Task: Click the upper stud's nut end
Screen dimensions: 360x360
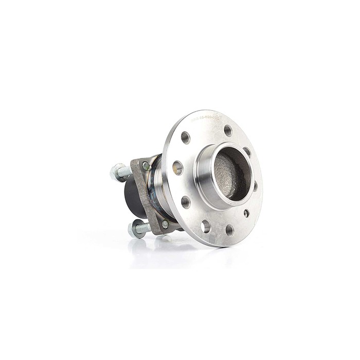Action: point(115,171)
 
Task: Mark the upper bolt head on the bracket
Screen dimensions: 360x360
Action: point(146,166)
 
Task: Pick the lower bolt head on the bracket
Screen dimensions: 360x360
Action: point(165,224)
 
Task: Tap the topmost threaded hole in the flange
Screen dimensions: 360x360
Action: point(228,131)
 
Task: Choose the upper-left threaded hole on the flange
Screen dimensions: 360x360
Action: point(186,137)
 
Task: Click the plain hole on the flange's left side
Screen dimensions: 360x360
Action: point(178,168)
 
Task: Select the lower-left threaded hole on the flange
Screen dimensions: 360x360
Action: point(186,202)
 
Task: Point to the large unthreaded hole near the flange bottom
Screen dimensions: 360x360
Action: point(206,225)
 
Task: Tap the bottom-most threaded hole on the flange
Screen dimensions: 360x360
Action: point(229,230)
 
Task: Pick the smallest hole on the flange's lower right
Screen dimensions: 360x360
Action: point(247,213)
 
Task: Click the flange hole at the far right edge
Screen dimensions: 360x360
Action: point(256,186)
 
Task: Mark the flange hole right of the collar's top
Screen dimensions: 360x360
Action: point(247,152)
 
